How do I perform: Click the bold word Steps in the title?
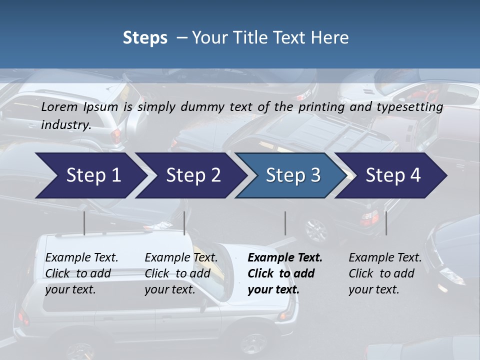coord(145,38)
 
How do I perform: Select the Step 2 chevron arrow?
coord(193,175)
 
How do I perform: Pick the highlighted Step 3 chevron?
coord(293,175)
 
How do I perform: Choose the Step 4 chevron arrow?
coord(393,175)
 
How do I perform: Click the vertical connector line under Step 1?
coord(84,223)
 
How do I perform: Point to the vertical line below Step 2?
coord(184,223)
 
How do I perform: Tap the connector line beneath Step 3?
coord(285,223)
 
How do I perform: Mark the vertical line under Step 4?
coord(386,223)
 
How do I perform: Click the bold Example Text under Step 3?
coord(284,273)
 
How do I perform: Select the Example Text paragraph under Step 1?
coord(81,273)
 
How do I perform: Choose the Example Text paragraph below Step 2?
coord(181,273)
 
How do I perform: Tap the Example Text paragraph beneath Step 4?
coord(385,273)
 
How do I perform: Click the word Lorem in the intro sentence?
coord(59,107)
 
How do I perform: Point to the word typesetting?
coord(412,107)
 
